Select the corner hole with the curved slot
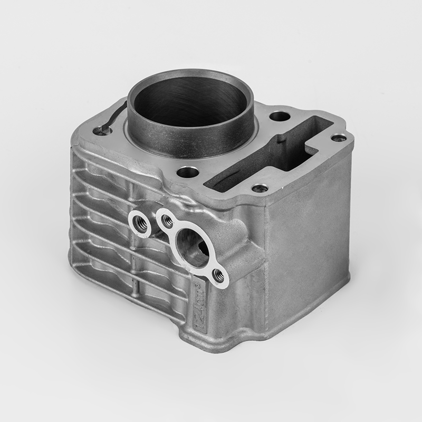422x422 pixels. [x=100, y=130]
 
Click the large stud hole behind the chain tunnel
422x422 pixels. [x=280, y=116]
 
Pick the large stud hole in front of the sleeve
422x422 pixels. [x=187, y=171]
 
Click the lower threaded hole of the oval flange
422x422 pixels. [x=218, y=275]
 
